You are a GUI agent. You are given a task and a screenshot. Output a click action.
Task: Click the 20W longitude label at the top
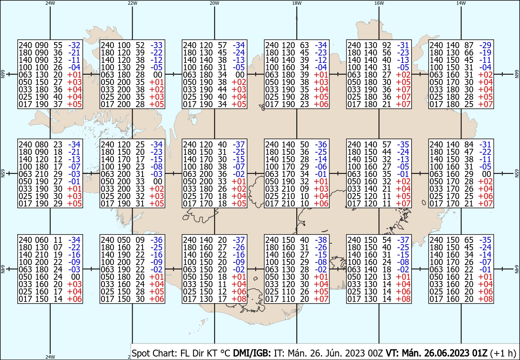[214, 3]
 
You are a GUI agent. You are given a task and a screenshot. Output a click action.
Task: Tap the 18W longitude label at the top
[297, 3]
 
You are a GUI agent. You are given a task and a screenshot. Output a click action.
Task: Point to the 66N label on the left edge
[3, 74]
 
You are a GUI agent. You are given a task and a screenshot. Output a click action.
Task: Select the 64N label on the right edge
[517, 269]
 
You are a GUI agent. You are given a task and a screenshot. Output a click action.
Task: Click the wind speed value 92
[387, 45]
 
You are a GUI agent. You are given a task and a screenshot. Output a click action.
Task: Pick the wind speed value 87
[469, 45]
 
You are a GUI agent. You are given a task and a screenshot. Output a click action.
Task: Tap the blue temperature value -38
[321, 240]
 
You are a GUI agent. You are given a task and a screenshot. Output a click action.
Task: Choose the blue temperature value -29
[485, 45]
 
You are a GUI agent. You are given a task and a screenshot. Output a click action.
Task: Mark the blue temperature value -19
[485, 52]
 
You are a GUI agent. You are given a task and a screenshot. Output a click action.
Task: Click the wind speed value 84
[469, 144]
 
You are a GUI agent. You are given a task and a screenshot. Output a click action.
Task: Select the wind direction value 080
[42, 144]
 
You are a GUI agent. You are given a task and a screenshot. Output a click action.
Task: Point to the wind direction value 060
[42, 240]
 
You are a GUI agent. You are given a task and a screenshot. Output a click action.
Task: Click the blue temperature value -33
[156, 45]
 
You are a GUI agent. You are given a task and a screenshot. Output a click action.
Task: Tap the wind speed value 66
[469, 52]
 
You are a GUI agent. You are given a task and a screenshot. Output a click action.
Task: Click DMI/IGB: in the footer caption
[252, 353]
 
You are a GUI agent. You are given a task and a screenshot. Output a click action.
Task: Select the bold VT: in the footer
[392, 353]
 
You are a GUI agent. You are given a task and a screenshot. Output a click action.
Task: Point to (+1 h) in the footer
[503, 353]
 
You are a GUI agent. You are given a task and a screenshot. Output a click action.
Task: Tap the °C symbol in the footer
[224, 353]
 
